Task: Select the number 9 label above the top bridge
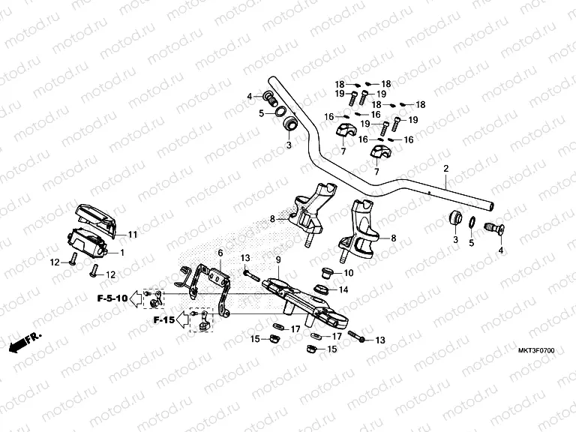tap(277, 259)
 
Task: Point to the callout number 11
tap(132, 235)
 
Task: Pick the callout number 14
tap(344, 289)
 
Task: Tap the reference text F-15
tap(163, 319)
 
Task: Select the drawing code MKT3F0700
tap(536, 350)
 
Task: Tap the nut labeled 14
tap(320, 289)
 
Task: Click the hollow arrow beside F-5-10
tap(136, 299)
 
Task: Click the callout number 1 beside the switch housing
tap(123, 252)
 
